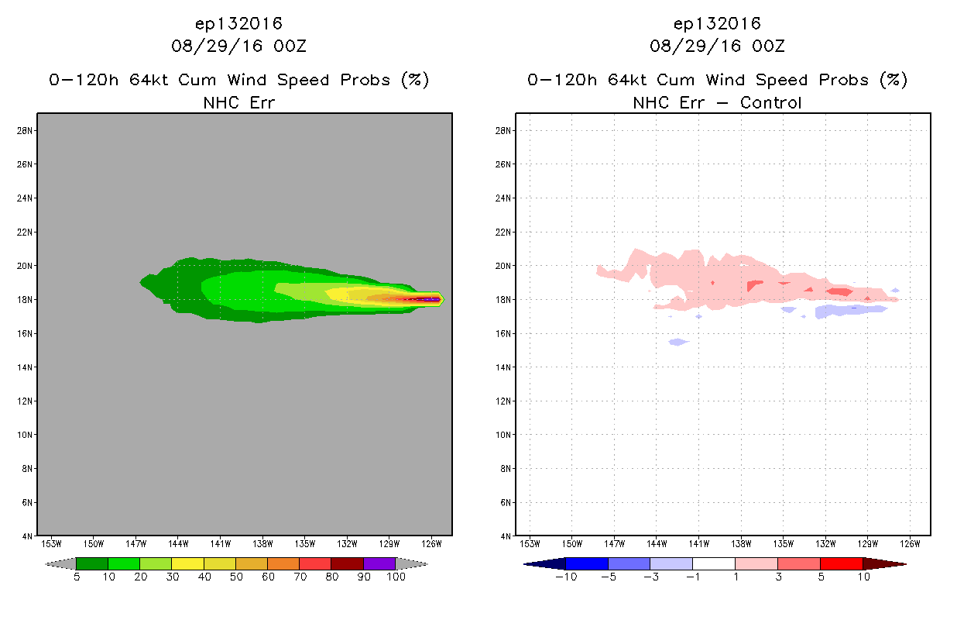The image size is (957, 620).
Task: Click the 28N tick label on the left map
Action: (24, 130)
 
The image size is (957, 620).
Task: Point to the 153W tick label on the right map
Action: (530, 544)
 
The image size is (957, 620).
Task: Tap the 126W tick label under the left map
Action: (431, 544)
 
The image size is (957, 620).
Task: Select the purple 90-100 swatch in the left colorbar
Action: (379, 563)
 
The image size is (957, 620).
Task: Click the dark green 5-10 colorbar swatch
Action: (92, 563)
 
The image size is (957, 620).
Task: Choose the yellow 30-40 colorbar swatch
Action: (187, 563)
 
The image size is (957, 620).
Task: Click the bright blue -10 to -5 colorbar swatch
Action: (587, 563)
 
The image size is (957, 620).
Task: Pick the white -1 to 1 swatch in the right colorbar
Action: (714, 563)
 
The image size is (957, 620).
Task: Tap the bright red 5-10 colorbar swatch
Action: (842, 563)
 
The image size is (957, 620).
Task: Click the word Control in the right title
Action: (770, 103)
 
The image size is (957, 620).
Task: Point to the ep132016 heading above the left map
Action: (238, 24)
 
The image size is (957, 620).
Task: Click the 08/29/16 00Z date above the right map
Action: (717, 46)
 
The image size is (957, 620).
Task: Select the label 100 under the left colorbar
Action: (396, 577)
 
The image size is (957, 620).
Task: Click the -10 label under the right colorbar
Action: (566, 577)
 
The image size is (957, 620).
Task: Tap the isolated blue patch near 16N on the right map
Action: (678, 342)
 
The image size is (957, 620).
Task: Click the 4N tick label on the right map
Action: (506, 536)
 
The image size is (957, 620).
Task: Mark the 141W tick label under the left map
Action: (221, 544)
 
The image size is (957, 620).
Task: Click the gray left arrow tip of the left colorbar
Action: (45, 564)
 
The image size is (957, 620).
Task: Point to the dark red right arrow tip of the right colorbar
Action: (906, 564)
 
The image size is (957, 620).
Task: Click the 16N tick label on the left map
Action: (24, 333)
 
